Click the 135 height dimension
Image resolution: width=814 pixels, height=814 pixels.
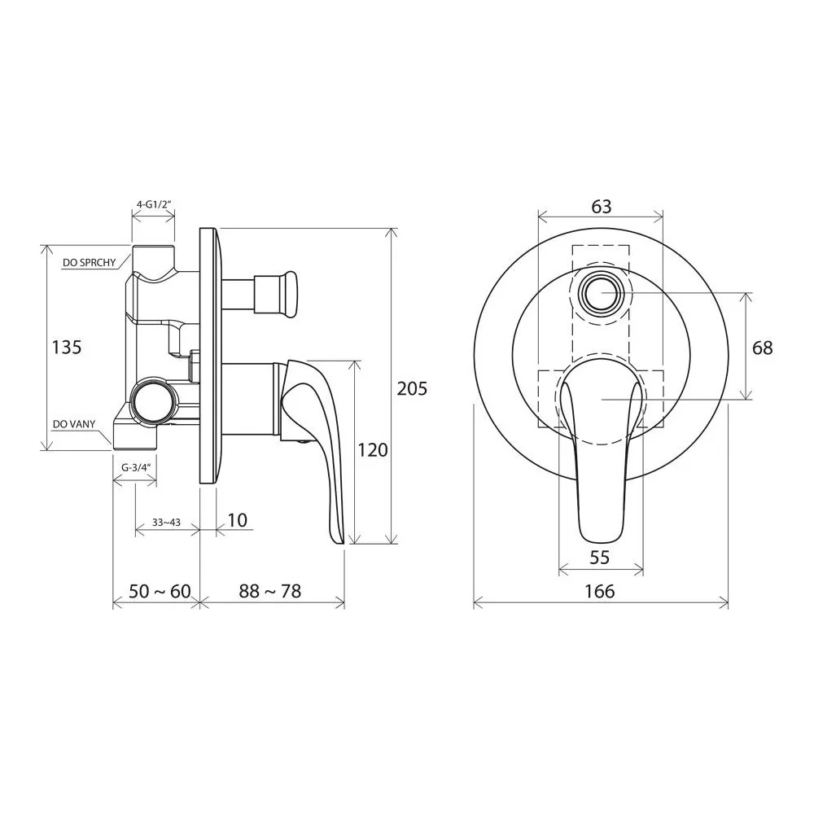[x=67, y=347]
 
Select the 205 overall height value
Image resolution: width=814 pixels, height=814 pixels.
[x=412, y=388]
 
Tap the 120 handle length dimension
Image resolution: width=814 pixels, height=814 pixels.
[x=373, y=449]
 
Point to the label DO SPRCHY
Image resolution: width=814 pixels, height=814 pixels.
[x=90, y=263]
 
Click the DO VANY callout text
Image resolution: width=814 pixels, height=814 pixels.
[x=74, y=424]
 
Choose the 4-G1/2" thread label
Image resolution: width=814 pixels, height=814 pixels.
[x=153, y=204]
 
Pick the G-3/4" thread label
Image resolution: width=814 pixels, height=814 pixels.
[x=135, y=467]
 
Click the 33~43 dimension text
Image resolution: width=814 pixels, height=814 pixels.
[x=166, y=523]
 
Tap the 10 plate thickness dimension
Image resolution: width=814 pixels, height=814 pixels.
[x=237, y=520]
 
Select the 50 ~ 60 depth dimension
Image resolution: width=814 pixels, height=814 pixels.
[x=160, y=591]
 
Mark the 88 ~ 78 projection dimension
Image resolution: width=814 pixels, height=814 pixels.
[x=270, y=591]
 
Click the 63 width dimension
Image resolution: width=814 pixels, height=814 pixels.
[x=602, y=207]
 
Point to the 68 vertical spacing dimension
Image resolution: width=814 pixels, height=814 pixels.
[x=762, y=348]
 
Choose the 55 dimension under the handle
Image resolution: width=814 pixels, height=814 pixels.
[x=600, y=558]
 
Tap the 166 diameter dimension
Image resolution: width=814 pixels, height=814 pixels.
[x=600, y=591]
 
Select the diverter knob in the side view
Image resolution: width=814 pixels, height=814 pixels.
[x=275, y=294]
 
